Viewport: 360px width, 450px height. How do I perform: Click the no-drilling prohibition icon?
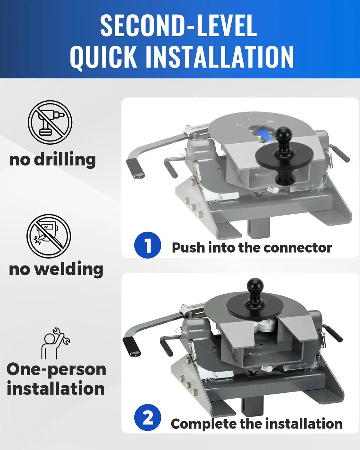point(50,122)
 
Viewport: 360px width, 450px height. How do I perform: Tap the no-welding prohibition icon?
point(49,236)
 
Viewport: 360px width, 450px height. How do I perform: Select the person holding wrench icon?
point(55,343)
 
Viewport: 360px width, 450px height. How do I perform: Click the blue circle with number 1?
point(148,245)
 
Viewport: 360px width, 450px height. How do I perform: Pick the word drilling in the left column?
point(65,160)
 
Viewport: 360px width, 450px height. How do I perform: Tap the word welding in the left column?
point(69,269)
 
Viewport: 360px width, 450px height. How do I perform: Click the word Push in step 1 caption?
point(188,247)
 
